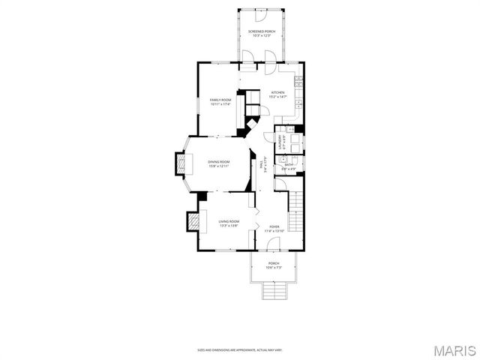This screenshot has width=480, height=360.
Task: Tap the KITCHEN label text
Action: click(278, 92)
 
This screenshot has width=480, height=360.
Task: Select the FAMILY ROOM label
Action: click(220, 99)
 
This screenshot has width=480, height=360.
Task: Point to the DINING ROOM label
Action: click(219, 161)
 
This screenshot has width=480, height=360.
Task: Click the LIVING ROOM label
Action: click(229, 221)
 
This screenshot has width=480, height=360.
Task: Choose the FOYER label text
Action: click(275, 226)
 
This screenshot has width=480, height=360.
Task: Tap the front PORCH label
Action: click(273, 263)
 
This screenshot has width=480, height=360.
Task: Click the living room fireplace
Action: click(193, 221)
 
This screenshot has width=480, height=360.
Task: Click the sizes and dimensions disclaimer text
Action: click(240, 349)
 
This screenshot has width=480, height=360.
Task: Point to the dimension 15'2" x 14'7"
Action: click(278, 97)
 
